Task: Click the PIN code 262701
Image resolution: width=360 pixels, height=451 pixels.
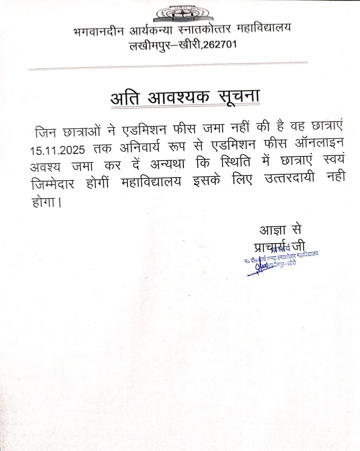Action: tap(219, 45)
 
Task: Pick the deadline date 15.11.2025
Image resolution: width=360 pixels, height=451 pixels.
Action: tap(57, 150)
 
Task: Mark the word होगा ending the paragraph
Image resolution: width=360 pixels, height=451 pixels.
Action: tap(44, 203)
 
